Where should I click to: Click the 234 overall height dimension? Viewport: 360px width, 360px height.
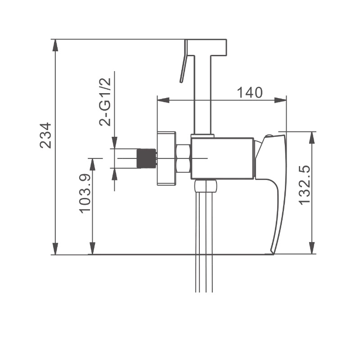coord(45,135)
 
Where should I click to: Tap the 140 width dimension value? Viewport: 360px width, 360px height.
coord(250,93)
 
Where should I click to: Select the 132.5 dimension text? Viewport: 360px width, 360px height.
coord(305,185)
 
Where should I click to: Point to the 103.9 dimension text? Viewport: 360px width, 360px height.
coord(85,193)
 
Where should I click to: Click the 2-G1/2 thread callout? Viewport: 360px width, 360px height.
coord(105,102)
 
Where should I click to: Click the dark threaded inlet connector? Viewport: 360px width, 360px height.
coord(146,158)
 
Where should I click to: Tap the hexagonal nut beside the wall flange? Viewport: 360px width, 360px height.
coord(183,158)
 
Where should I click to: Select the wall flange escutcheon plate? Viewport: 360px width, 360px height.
coord(166,158)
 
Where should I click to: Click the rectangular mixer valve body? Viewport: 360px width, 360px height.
coord(222,158)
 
